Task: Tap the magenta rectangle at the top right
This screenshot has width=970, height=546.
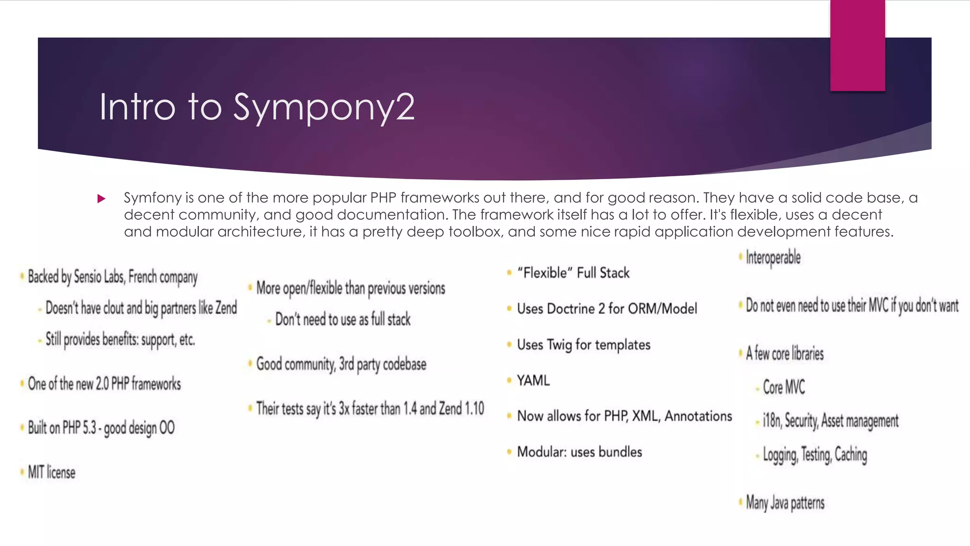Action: click(857, 45)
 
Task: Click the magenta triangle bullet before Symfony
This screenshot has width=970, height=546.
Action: click(101, 199)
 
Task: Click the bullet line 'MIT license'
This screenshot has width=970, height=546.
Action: click(51, 473)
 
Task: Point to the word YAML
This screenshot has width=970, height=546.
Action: click(533, 381)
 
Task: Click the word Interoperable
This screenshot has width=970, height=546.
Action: click(773, 258)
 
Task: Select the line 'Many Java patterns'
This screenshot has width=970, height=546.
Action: click(785, 503)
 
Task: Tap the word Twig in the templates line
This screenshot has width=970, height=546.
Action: click(559, 345)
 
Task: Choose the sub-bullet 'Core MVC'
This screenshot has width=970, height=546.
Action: click(783, 387)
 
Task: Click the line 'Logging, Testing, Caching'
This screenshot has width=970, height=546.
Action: click(815, 455)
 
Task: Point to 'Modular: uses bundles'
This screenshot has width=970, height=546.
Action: click(579, 452)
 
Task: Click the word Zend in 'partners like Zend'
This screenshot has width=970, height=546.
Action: click(226, 308)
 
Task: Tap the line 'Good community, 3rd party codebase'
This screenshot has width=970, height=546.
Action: click(341, 364)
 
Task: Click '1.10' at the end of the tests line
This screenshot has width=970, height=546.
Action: click(474, 409)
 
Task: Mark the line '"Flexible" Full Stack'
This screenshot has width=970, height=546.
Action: click(573, 273)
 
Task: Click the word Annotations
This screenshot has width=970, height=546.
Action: click(698, 416)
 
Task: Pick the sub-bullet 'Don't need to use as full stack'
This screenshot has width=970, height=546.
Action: click(343, 319)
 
